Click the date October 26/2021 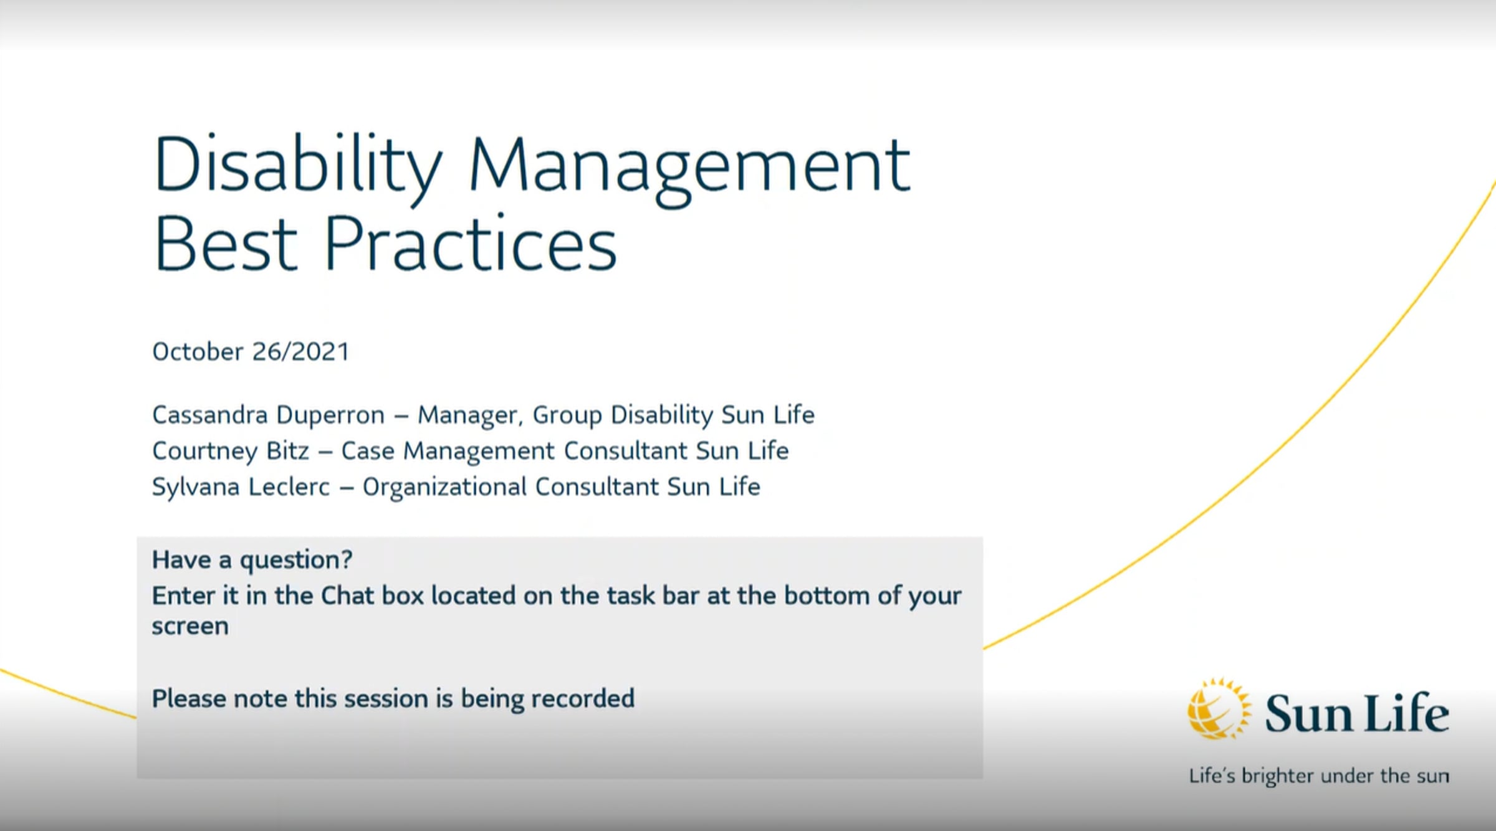251,352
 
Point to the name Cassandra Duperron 269,415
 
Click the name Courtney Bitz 231,451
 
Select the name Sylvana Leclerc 241,487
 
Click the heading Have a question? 252,560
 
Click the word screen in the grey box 190,627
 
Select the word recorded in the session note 583,699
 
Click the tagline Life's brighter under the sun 1319,776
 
